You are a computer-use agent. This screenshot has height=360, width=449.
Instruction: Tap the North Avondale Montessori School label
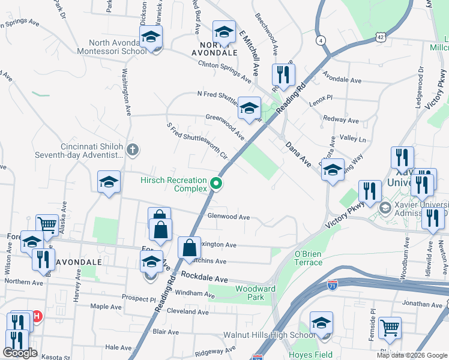[117, 47]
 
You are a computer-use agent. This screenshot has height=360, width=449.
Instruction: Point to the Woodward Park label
[255, 293]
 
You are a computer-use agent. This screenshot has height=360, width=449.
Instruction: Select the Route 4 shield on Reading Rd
[322, 40]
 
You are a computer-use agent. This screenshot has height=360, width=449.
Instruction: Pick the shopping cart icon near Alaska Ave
[46, 225]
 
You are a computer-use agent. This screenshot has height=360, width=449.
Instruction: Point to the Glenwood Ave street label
[228, 217]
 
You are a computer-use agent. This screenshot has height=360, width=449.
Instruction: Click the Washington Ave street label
[127, 93]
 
